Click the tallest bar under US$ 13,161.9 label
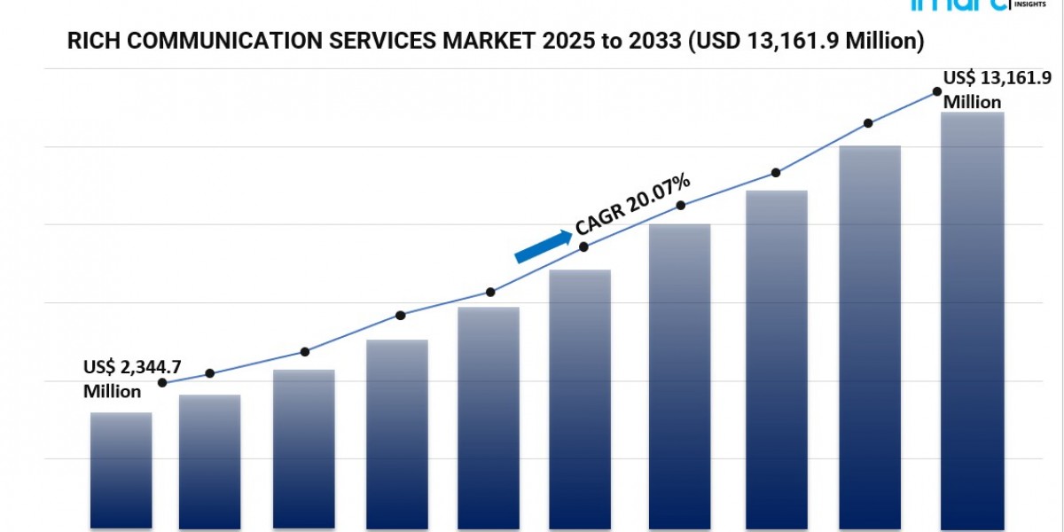pos(972,319)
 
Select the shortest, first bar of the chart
pos(121,470)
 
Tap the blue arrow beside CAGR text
pos(543,246)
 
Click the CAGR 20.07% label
pos(633,205)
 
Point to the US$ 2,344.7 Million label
pos(120,379)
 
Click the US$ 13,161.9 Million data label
pos(985,89)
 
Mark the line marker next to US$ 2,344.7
pos(162,383)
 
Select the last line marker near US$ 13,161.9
pos(936,91)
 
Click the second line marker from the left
pos(209,373)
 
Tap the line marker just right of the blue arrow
pos(583,246)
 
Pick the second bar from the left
pos(209,461)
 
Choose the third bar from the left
pos(304,449)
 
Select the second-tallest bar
pos(870,337)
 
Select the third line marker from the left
pos(305,352)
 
